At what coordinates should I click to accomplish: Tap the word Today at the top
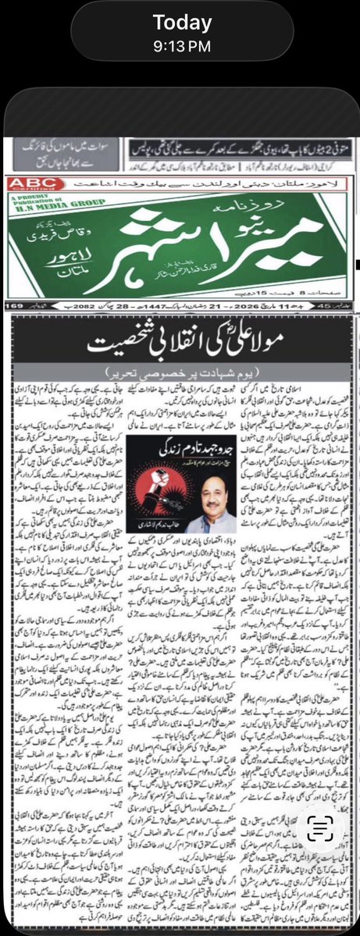(183, 23)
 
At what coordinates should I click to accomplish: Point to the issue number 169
(16, 305)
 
